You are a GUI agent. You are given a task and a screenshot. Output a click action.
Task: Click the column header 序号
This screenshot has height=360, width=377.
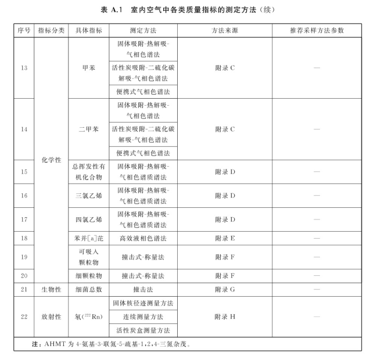point(23,30)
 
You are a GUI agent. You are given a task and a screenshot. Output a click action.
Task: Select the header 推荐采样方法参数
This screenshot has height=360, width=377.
point(316,30)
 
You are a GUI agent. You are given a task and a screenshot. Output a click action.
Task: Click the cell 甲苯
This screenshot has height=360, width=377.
point(88,68)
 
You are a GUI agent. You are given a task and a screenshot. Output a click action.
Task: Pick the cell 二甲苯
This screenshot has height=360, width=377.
point(88,129)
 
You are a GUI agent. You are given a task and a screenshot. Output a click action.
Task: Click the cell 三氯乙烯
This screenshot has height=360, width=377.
point(88,196)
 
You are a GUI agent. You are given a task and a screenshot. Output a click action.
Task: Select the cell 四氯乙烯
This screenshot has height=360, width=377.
point(88,219)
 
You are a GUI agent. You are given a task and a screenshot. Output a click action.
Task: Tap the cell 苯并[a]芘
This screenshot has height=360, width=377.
point(88,238)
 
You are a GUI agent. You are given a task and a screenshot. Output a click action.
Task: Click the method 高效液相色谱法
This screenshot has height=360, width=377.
point(143,238)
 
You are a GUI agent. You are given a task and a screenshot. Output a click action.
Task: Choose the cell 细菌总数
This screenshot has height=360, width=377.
point(88,289)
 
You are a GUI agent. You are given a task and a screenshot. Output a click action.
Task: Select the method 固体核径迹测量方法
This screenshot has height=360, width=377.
point(143,303)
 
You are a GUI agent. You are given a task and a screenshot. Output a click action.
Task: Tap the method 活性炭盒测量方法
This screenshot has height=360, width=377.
point(143,331)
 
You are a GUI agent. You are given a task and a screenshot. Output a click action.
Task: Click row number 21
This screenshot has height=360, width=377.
point(23,289)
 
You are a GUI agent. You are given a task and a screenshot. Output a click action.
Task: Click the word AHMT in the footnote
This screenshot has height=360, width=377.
point(55,344)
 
